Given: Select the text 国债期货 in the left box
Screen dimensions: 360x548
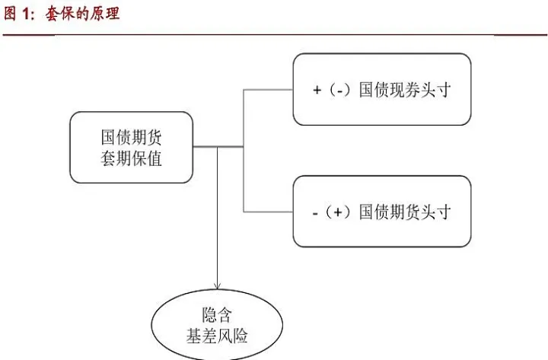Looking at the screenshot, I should pos(131,137).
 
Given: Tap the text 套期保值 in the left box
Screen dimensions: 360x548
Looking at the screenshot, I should pos(131,159).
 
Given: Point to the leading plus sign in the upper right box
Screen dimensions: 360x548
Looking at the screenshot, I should pos(317,90).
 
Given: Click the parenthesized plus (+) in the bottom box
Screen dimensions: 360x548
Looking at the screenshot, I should pos(338,212).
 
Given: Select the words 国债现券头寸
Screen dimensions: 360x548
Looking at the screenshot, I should pos(405,90).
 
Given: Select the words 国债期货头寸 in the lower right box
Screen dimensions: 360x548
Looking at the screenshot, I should pos(405,212).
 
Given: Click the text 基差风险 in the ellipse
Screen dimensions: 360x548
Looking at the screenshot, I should pos(217,336).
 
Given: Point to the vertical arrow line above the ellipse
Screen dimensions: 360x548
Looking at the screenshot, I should pos(218,221).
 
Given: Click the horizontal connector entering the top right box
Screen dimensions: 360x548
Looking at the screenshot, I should pos(268,89).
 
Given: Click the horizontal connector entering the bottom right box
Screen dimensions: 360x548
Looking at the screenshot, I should pos(268,211).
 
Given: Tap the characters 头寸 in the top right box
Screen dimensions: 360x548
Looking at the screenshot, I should pos(437,90).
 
